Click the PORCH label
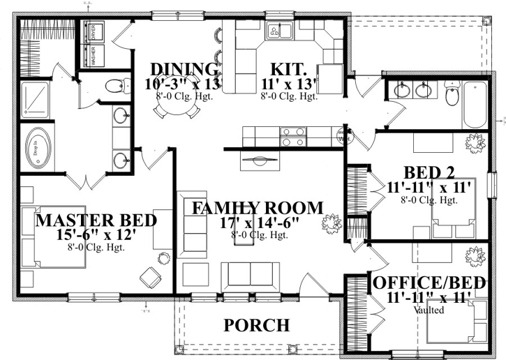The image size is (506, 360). pos(256,325)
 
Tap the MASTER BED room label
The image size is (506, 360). pos(96,220)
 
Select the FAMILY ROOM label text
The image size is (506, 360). pos(258,207)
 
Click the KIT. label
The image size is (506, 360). pos(289,69)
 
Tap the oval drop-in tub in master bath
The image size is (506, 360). pos(35,147)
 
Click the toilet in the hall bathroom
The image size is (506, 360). pos(452,96)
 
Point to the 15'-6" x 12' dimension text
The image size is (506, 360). pos(96,235)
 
